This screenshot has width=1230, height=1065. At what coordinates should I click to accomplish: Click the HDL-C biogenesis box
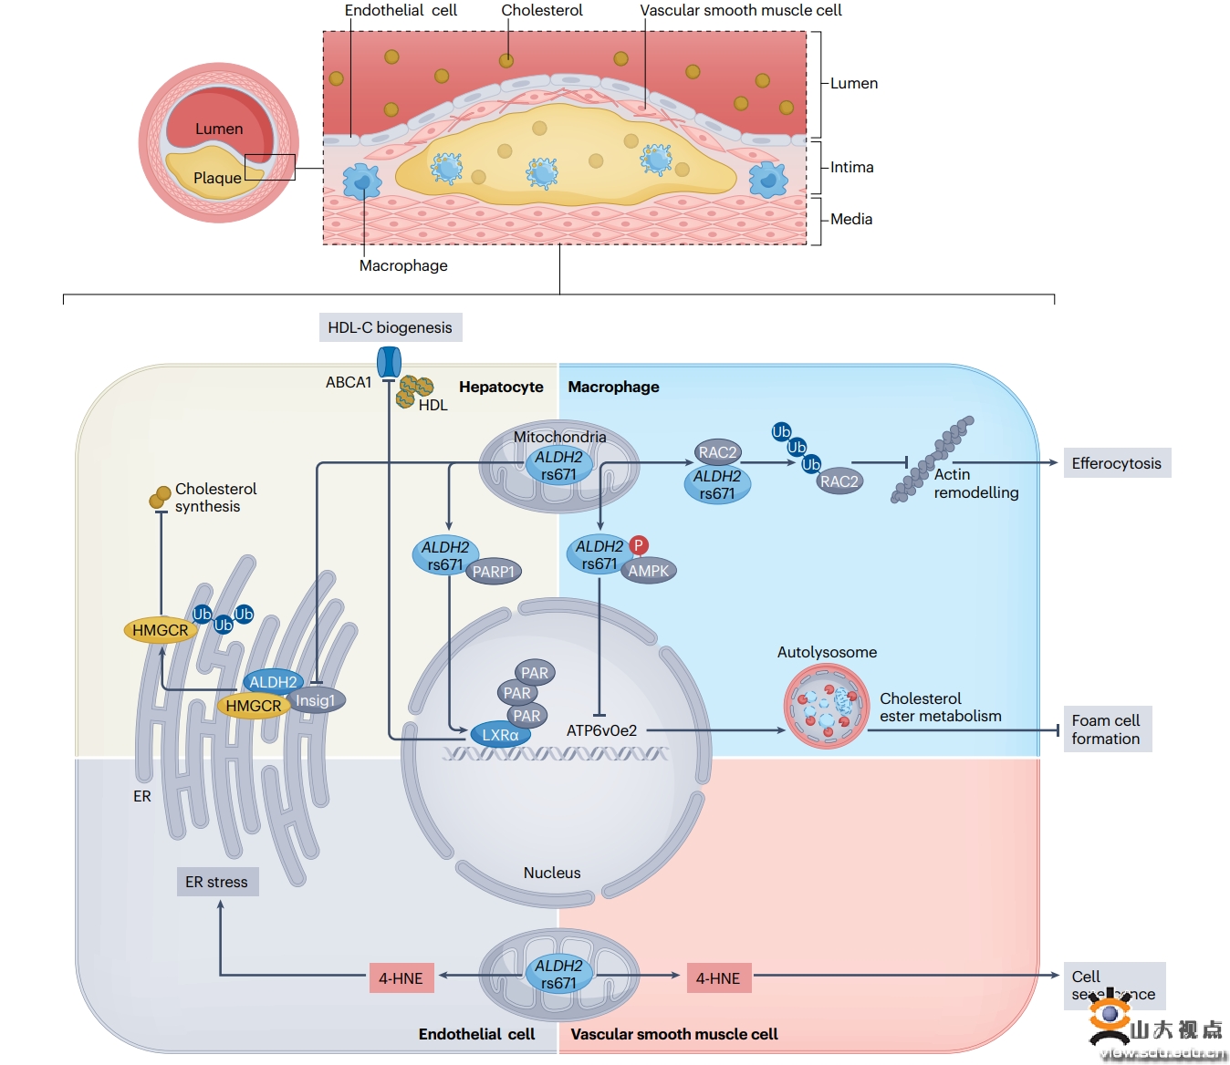[x=390, y=327]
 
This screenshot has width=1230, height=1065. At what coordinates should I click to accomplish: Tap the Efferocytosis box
[x=1116, y=463]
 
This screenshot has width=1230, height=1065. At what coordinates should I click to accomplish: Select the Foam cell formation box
[x=1106, y=729]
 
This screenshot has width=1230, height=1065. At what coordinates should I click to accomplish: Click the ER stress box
[x=217, y=882]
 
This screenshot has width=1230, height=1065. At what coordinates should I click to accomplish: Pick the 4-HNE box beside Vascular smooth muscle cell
[x=718, y=978]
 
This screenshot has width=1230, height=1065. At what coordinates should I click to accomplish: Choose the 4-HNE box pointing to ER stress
[x=401, y=978]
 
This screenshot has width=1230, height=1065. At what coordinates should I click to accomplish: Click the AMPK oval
[x=649, y=571]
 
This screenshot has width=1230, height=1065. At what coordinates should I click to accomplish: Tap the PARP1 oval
[x=494, y=572]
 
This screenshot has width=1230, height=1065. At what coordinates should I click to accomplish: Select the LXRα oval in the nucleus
[x=499, y=735]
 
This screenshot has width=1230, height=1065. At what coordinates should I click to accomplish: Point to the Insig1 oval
[x=316, y=700]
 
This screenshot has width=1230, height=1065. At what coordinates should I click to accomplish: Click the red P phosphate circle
[x=639, y=545]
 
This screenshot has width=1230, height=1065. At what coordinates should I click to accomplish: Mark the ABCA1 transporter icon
[x=390, y=363]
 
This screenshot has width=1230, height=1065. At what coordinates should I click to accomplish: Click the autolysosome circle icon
[x=827, y=707]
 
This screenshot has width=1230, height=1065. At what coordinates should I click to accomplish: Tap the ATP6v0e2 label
[x=601, y=730]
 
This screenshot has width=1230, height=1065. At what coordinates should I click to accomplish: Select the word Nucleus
[x=552, y=873]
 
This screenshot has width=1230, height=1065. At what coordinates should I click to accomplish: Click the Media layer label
[x=850, y=219]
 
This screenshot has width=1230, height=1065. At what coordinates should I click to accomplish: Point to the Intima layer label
[x=851, y=167]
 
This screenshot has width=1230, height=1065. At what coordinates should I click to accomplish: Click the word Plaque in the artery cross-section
[x=217, y=178]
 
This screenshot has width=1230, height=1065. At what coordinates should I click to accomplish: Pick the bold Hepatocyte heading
[x=501, y=387]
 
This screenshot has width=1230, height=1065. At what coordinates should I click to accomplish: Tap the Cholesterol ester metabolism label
[x=940, y=708]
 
